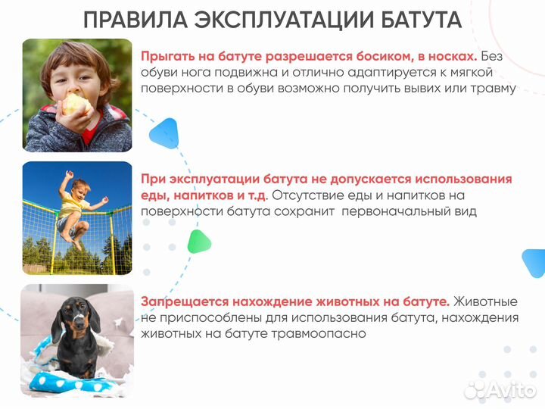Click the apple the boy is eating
click(74, 104)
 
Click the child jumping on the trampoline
click(74, 208)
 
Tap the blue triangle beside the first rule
click(163, 132)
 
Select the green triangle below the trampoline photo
click(198, 241)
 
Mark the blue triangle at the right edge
click(535, 263)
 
